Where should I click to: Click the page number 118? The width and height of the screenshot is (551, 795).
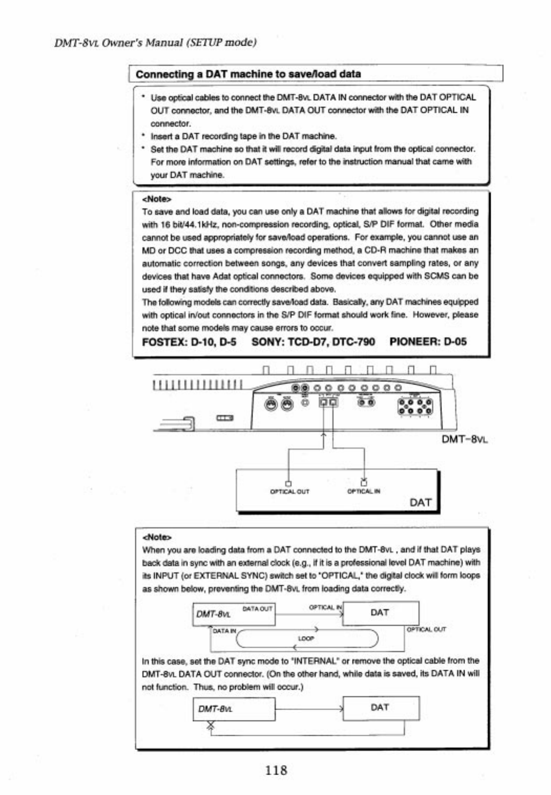(276, 770)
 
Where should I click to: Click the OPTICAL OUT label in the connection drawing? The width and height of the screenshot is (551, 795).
(289, 492)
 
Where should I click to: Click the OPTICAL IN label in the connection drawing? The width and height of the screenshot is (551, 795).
(364, 492)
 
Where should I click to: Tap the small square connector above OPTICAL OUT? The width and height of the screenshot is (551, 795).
(288, 483)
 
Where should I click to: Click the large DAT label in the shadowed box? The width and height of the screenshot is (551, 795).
(420, 503)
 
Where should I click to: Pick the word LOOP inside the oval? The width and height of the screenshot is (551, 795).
(306, 638)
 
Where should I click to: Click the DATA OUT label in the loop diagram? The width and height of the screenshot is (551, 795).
(257, 608)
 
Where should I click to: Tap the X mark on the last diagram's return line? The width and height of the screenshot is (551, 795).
(211, 725)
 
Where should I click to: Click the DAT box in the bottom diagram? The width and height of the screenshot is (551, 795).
(381, 708)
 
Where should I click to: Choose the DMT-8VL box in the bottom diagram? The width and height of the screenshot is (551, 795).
(234, 709)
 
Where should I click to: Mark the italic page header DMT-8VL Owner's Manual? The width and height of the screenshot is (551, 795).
(155, 42)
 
